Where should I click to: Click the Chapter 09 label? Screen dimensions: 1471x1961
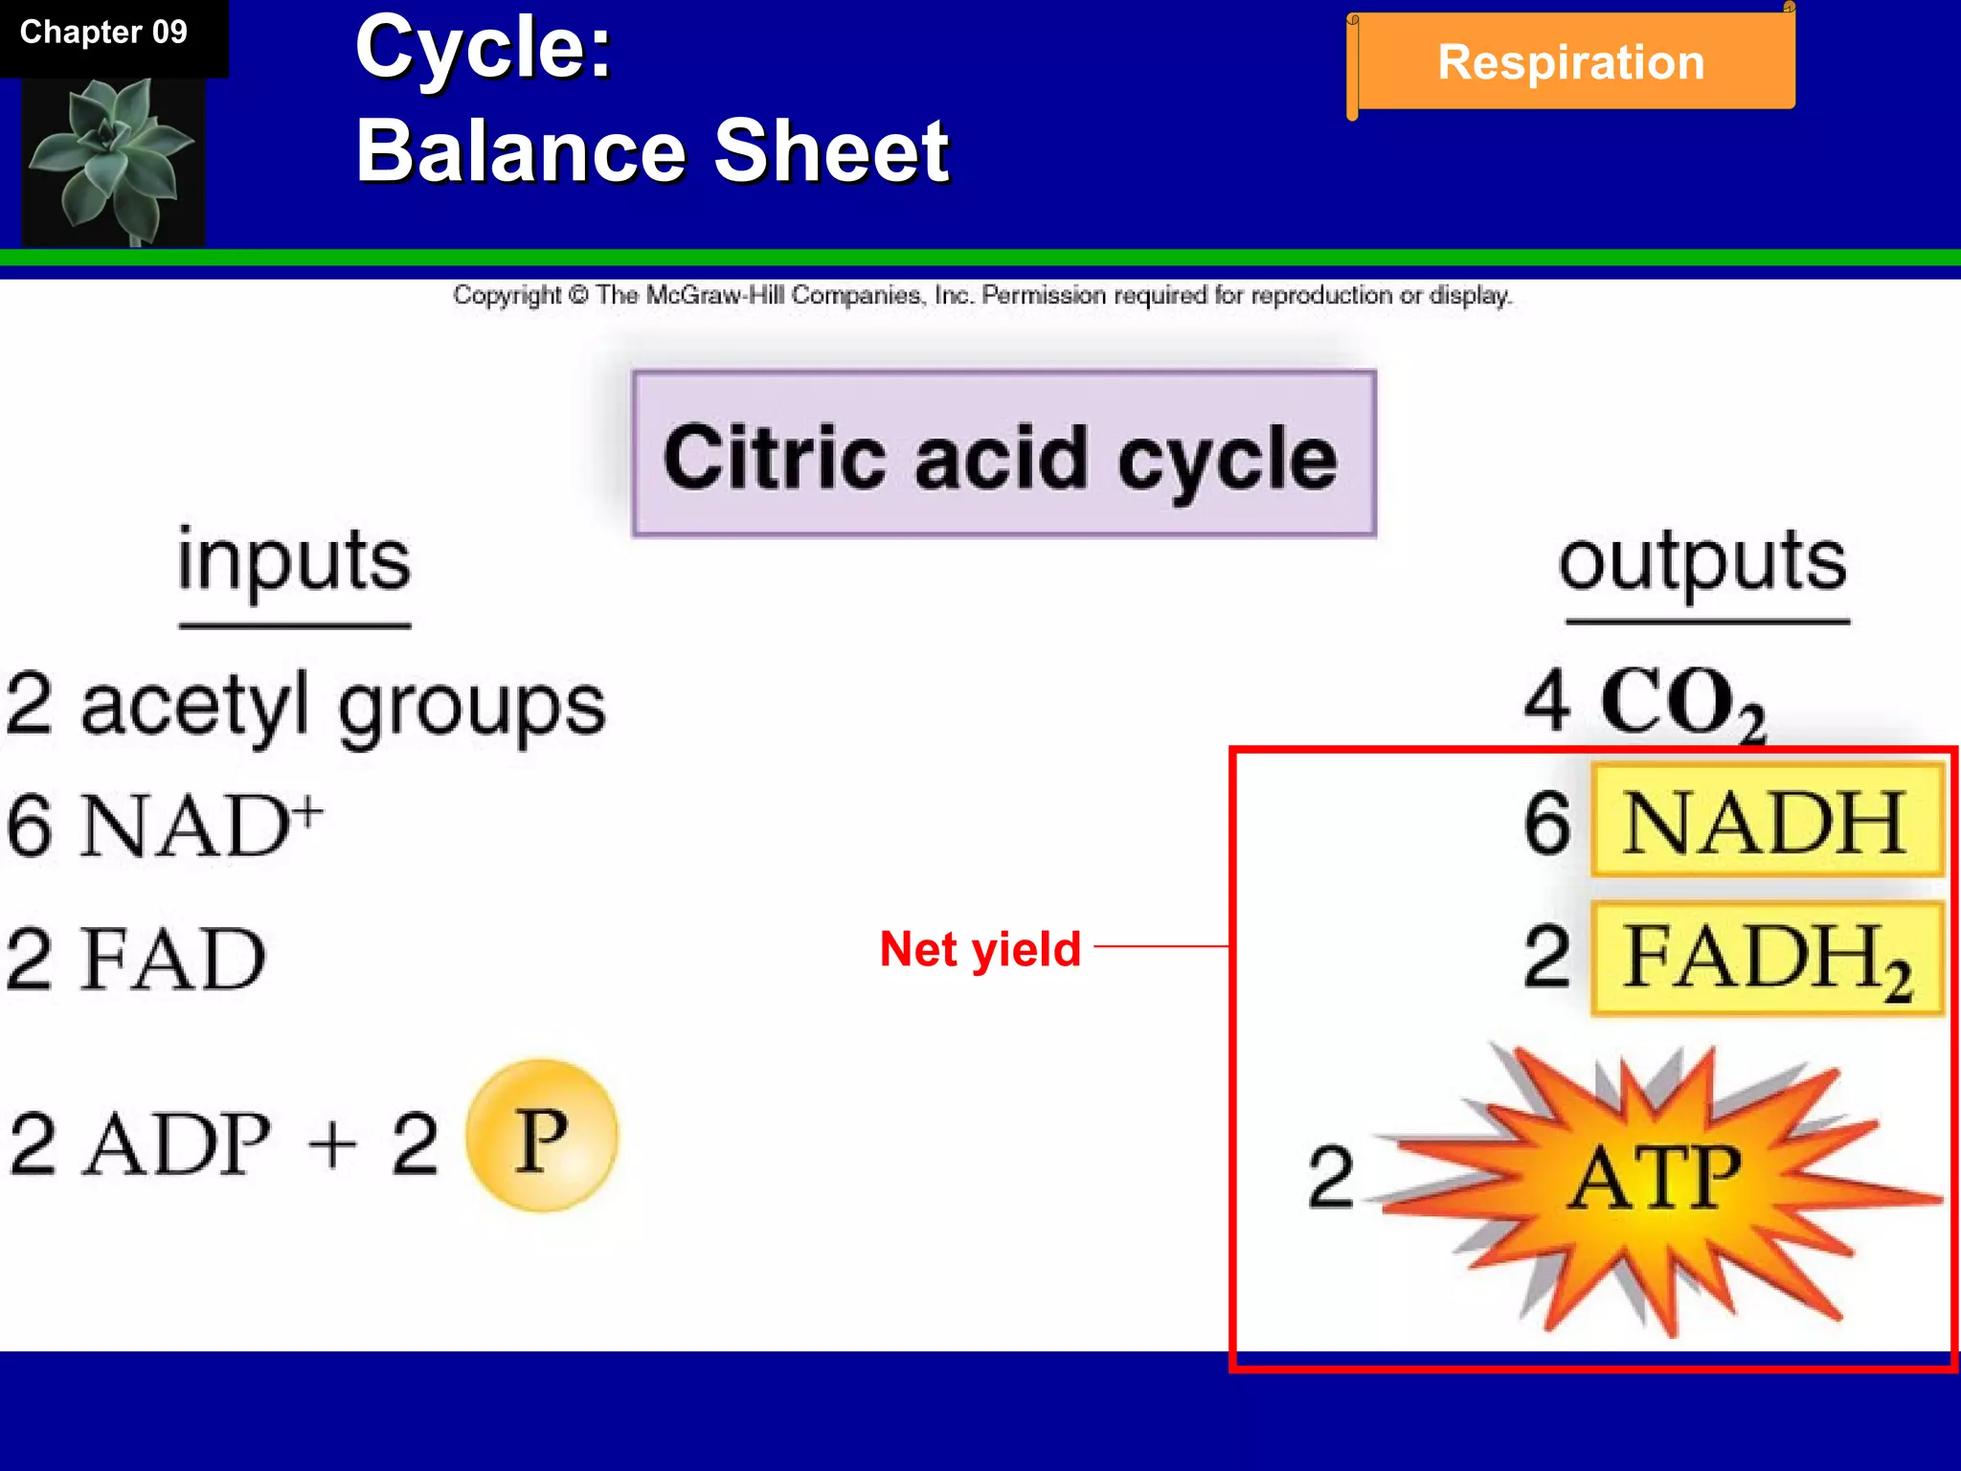[103, 33]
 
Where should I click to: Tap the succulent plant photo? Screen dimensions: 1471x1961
[113, 161]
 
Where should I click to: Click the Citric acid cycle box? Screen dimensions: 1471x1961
[1003, 454]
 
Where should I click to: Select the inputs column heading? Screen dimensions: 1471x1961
[294, 562]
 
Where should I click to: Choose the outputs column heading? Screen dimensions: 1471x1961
[1702, 562]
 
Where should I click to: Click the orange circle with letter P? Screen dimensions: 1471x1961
[542, 1137]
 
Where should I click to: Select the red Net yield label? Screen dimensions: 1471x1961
[980, 949]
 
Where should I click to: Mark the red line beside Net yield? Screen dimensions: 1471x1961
[1161, 946]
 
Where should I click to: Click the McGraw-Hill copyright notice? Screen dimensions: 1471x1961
[981, 295]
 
